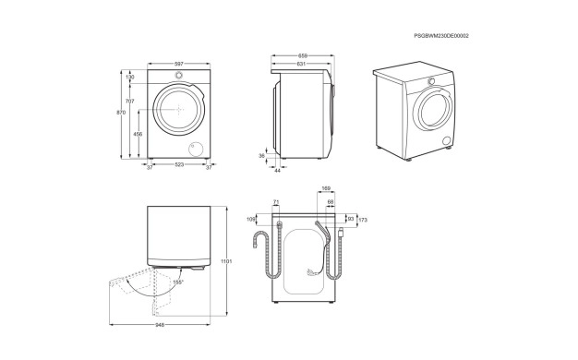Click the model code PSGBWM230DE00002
[x=441, y=36]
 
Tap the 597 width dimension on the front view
[x=179, y=64]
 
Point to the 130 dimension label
[x=130, y=77]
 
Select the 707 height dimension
[x=130, y=101]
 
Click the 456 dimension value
[x=138, y=135]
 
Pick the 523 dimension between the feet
[x=179, y=164]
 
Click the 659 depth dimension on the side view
[x=303, y=56]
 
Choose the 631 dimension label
[x=301, y=64]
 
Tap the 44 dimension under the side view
[x=278, y=171]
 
